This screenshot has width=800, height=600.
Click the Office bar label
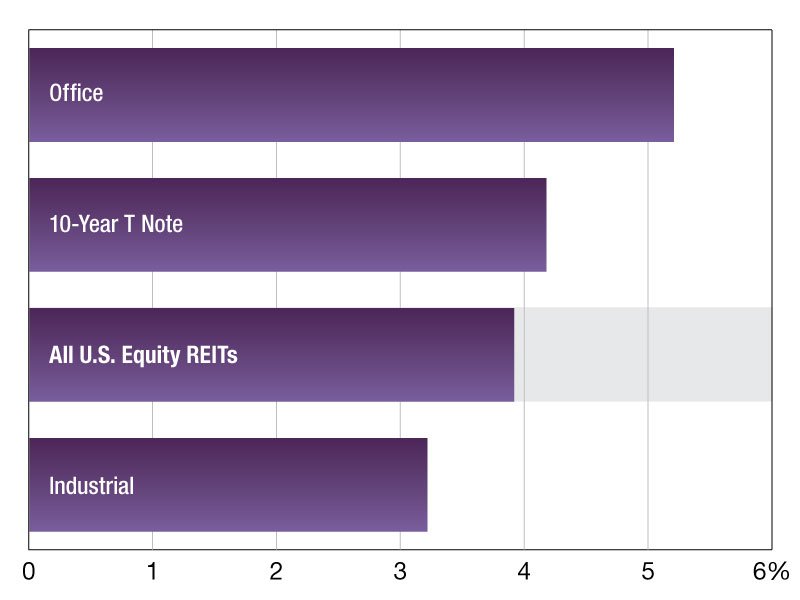[76, 94]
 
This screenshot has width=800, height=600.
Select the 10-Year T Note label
[116, 224]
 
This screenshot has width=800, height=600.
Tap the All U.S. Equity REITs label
[143, 355]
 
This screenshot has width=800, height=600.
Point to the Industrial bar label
[91, 487]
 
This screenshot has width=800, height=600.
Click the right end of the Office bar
[672, 95]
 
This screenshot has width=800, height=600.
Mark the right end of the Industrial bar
[426, 485]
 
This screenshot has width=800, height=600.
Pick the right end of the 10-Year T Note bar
[545, 225]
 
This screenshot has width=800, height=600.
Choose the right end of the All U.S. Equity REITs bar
[513, 355]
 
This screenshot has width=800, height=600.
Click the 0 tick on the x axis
[29, 572]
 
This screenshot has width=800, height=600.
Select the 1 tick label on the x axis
[152, 572]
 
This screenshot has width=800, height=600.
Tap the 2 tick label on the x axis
[276, 572]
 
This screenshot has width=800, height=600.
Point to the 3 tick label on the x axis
[400, 572]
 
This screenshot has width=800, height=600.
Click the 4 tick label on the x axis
[524, 572]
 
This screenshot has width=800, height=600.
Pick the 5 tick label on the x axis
[648, 572]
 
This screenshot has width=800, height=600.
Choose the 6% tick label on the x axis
[771, 572]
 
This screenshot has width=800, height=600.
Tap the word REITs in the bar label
[212, 355]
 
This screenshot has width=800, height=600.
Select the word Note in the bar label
[160, 224]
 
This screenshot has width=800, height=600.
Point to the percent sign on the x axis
[780, 572]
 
